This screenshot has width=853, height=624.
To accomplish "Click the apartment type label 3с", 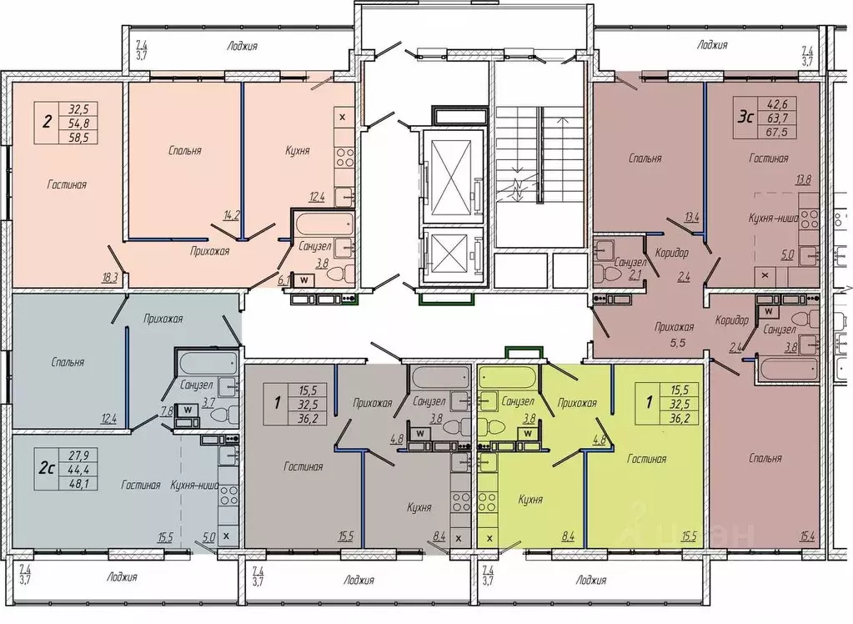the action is [x=745, y=117].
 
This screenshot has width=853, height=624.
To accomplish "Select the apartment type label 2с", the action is [x=47, y=468].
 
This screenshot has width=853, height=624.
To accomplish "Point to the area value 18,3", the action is [x=110, y=279].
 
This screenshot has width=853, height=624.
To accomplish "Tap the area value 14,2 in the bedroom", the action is [x=232, y=215].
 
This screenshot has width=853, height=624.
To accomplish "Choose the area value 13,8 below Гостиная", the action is [x=802, y=181].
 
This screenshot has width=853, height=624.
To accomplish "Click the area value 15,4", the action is [x=807, y=538].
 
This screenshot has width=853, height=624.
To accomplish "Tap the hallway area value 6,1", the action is [x=283, y=280].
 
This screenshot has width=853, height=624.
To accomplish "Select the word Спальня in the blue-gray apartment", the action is [x=68, y=362].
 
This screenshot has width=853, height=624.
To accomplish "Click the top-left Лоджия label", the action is [x=242, y=46].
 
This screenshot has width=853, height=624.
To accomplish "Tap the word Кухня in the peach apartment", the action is [x=297, y=151].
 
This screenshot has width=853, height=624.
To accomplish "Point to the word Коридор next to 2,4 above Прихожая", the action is [x=672, y=253].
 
